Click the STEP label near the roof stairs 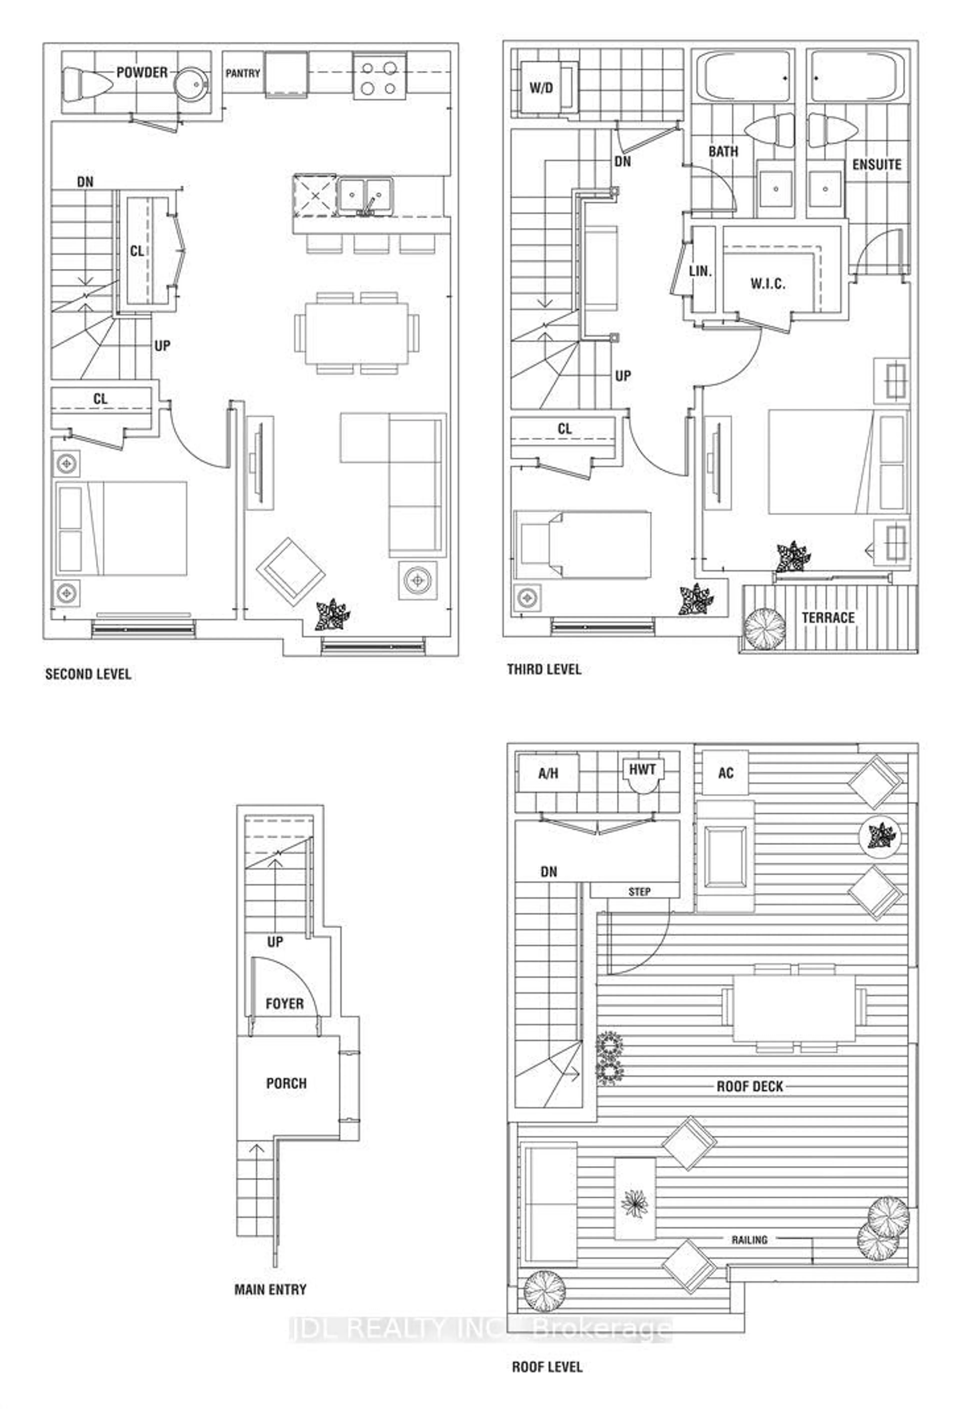[x=639, y=892]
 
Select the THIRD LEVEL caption [x=544, y=669]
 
